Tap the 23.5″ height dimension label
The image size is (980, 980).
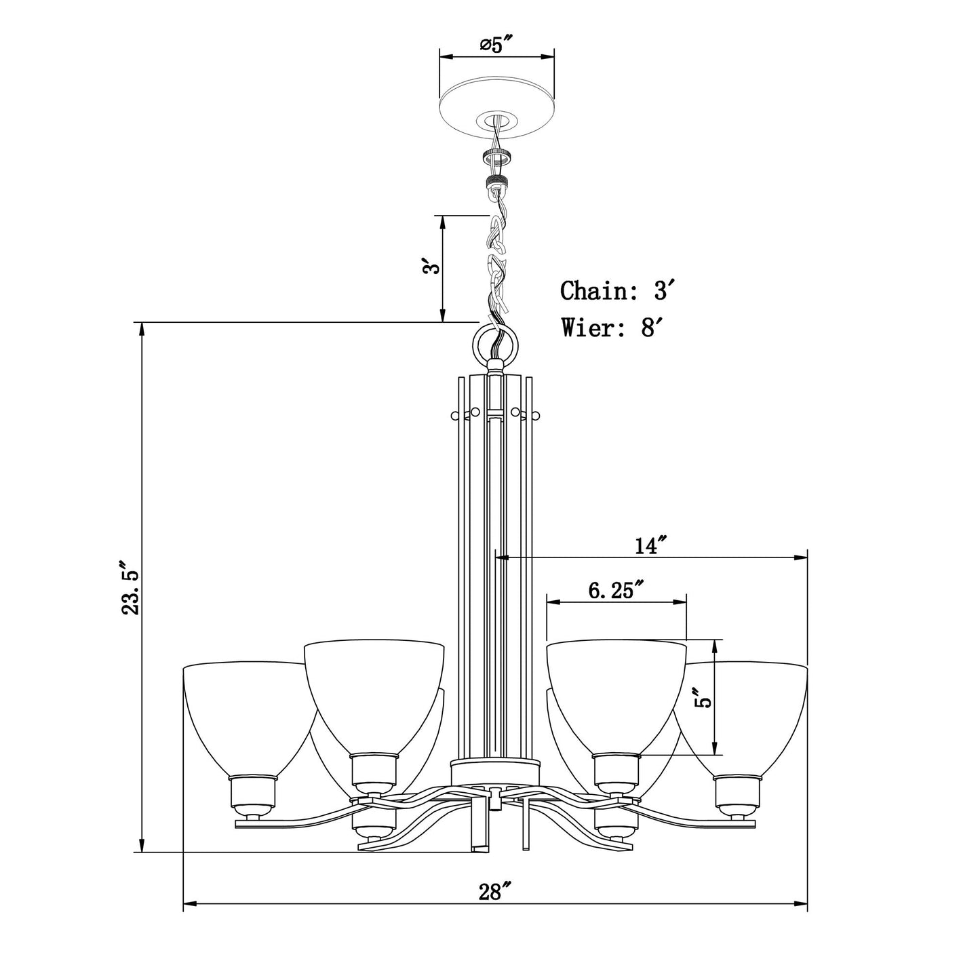coord(130,588)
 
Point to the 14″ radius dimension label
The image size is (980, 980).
coord(650,545)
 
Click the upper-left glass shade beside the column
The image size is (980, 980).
coord(374,699)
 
